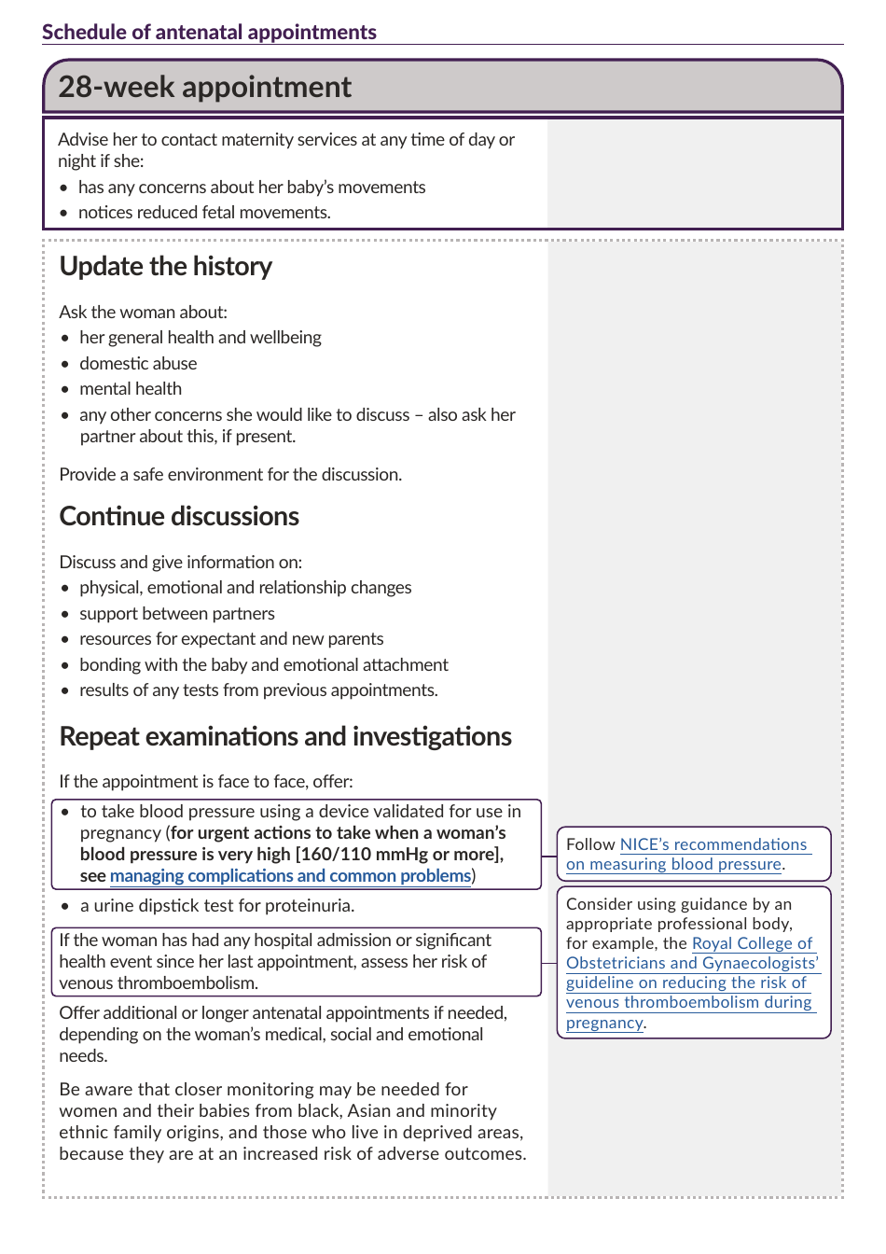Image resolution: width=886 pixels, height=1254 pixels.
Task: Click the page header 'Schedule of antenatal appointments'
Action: click(209, 32)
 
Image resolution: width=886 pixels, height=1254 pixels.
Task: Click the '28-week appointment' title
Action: click(205, 87)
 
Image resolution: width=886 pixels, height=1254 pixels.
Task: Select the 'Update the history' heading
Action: click(166, 266)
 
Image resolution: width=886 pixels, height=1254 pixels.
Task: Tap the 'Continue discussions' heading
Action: click(179, 516)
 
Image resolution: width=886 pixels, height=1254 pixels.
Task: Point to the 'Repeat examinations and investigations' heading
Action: click(285, 736)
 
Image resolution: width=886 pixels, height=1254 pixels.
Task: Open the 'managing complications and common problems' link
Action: click(290, 876)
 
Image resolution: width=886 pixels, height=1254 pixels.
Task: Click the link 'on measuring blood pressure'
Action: click(673, 864)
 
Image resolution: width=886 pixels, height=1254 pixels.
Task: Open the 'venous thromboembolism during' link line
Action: click(688, 1002)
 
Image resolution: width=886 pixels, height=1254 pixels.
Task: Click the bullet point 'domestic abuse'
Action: click(138, 363)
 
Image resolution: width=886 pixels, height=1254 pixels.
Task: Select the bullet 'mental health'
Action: click(131, 389)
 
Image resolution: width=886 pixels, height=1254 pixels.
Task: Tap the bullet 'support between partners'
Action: click(177, 613)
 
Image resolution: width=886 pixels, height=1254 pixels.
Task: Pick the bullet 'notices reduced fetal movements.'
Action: click(204, 213)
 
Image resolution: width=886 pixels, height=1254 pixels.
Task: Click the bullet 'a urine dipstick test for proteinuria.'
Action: click(216, 905)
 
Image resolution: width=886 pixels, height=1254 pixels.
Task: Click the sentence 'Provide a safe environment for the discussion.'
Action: click(230, 474)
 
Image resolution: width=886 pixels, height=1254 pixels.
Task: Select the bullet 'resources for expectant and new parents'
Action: click(231, 639)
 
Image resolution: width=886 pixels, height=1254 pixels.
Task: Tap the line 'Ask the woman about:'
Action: click(143, 312)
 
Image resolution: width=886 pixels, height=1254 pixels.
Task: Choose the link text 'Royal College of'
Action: click(752, 943)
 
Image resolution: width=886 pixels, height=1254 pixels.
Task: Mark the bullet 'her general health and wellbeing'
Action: click(201, 338)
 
